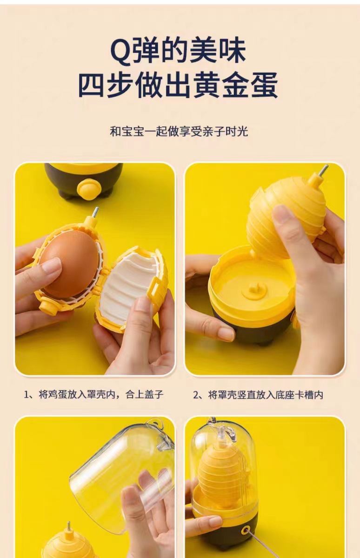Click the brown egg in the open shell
(70, 264)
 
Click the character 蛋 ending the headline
(264, 85)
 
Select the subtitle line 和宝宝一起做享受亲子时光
(179, 131)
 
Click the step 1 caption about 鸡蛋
(93, 395)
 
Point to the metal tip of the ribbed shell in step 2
(324, 170)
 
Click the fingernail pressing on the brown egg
(52, 266)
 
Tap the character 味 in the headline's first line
(232, 52)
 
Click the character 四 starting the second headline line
(92, 85)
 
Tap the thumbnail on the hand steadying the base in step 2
(226, 333)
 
